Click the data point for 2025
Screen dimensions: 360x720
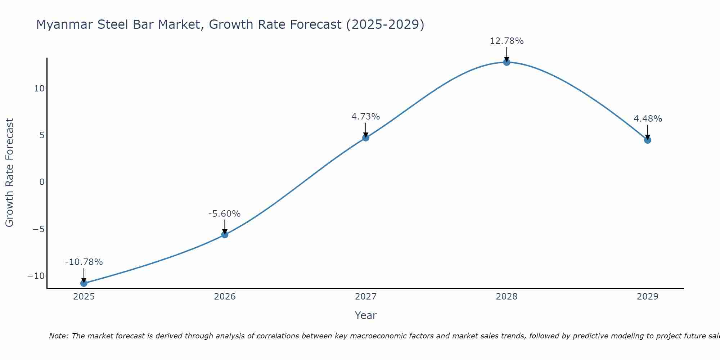(84, 283)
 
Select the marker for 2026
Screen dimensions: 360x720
(225, 235)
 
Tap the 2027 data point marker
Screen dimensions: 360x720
(366, 138)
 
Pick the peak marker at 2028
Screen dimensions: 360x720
(507, 62)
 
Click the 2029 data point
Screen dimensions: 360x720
(648, 140)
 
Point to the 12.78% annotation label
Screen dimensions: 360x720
(507, 41)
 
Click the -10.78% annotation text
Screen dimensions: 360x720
(84, 262)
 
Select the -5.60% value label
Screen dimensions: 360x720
(224, 214)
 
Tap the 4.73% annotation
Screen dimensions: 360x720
(365, 117)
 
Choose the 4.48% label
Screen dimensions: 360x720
(648, 119)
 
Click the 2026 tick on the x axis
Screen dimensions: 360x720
(225, 297)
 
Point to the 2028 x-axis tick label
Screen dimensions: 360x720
(507, 297)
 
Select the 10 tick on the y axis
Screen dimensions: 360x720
(39, 89)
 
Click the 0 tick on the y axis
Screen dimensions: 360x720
(42, 182)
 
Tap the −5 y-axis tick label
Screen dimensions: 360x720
(39, 229)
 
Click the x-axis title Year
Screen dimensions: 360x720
(365, 315)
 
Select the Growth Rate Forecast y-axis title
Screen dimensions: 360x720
(9, 172)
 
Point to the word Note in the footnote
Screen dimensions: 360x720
(58, 336)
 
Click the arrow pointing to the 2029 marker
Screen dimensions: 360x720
(648, 132)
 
